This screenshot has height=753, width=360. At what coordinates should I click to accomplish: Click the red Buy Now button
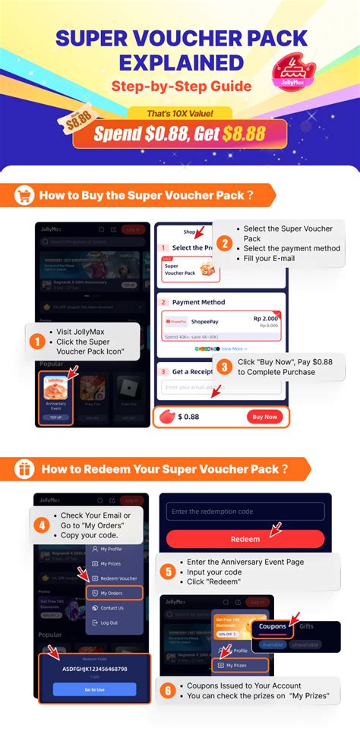[x=265, y=417]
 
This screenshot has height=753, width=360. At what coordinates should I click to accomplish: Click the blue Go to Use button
[x=95, y=689]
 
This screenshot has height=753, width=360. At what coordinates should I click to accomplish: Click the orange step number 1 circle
[x=35, y=342]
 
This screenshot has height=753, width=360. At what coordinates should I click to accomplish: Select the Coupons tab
[x=272, y=626]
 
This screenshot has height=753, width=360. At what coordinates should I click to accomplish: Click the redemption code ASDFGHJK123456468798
[x=95, y=669]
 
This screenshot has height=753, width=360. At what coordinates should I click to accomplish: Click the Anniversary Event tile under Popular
[x=56, y=395]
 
